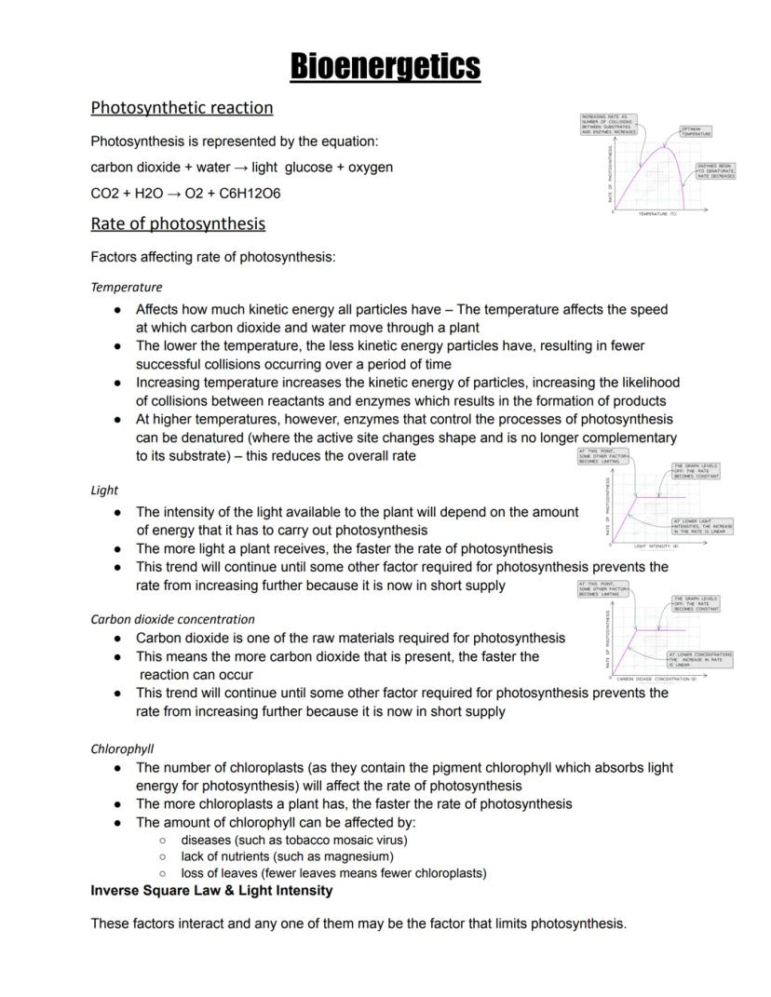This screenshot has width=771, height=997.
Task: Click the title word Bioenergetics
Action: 385,66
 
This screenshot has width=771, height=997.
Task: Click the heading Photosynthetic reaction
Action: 182,107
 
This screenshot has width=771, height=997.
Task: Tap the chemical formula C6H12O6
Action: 250,194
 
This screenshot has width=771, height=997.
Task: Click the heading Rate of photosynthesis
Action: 178,223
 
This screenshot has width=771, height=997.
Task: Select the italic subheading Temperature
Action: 126,288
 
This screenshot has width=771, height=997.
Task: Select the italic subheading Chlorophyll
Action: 122,748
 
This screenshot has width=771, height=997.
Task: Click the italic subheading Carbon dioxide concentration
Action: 172,619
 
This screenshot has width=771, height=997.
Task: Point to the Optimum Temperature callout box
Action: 697,131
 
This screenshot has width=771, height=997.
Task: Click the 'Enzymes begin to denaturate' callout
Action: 715,170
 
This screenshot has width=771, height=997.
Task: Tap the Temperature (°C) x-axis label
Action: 656,214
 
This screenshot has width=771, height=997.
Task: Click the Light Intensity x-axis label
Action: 656,546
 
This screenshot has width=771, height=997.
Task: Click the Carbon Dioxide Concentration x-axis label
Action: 657,680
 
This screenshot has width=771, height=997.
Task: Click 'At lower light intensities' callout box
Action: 702,526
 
